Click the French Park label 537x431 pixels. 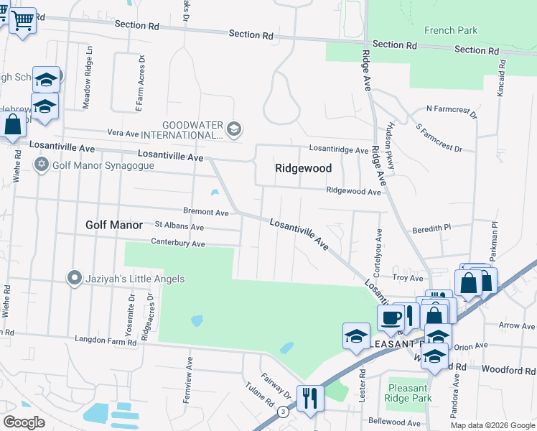pyautogui.click(x=450, y=31)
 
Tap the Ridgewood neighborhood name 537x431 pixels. pyautogui.click(x=304, y=168)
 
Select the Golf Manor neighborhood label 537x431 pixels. pyautogui.click(x=114, y=225)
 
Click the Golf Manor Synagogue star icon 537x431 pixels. pyautogui.click(x=42, y=165)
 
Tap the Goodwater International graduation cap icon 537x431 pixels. pyautogui.click(x=233, y=129)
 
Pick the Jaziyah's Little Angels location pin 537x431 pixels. pyautogui.click(x=74, y=278)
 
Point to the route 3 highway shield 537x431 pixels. pyautogui.click(x=284, y=412)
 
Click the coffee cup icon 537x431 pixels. pyautogui.click(x=391, y=317)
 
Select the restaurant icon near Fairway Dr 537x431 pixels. pyautogui.click(x=309, y=397)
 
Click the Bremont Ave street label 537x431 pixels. pyautogui.click(x=205, y=213)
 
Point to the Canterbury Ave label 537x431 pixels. pyautogui.click(x=178, y=244)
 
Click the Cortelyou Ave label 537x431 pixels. pyautogui.click(x=376, y=253)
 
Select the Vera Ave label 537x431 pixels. pyautogui.click(x=122, y=134)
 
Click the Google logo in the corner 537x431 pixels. pyautogui.click(x=24, y=422)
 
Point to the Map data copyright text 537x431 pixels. pyautogui.click(x=492, y=425)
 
